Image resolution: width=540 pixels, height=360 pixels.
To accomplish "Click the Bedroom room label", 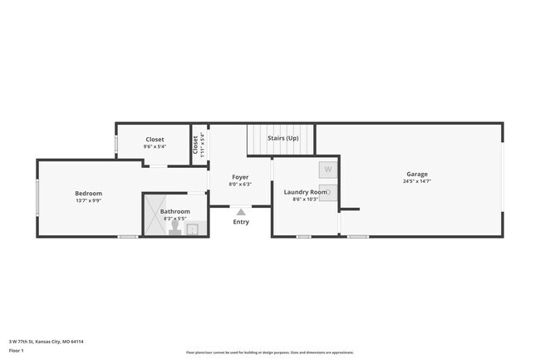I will [x=88, y=193].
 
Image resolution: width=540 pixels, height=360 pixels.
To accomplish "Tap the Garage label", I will [x=417, y=174].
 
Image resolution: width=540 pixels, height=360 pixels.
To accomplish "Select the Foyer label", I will [x=240, y=177].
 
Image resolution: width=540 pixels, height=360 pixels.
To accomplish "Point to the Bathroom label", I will [x=175, y=211].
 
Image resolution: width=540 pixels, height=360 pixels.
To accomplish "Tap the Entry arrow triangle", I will [x=241, y=212].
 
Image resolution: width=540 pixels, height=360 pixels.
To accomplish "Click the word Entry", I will [x=241, y=222].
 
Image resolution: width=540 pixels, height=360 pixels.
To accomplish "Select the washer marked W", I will [x=327, y=169].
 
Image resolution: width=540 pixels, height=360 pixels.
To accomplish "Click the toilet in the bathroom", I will [x=175, y=228].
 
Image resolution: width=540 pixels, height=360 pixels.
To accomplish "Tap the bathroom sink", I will [x=192, y=229].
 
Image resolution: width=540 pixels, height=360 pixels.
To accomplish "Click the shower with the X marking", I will [x=154, y=214].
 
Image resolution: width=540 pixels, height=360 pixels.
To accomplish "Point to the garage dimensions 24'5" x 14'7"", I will [x=417, y=181].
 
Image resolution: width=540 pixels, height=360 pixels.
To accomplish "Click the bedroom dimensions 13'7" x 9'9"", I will [x=88, y=200].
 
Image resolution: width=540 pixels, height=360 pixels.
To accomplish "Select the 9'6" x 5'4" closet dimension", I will [x=155, y=146].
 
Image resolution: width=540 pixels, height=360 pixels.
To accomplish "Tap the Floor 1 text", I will [x=17, y=351].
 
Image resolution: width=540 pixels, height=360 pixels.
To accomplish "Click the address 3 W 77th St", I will [x=47, y=341].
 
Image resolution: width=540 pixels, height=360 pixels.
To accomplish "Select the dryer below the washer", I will [x=327, y=192].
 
